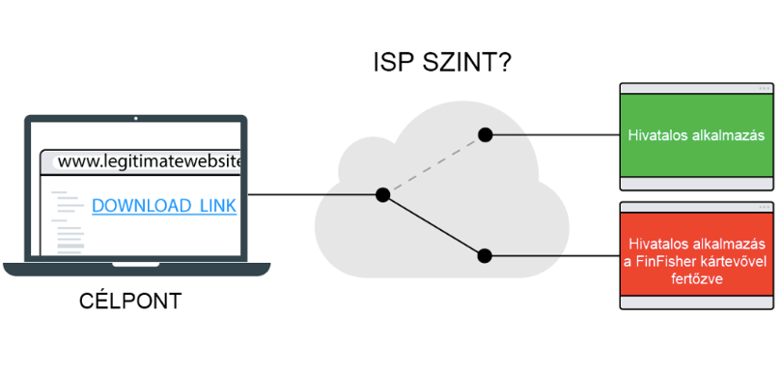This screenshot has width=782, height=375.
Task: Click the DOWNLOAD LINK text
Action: (x=164, y=206)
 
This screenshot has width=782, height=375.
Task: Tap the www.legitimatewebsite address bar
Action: (x=146, y=161)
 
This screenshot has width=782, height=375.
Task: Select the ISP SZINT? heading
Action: (x=442, y=64)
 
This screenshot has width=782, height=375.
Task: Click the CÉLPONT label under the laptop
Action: (x=130, y=302)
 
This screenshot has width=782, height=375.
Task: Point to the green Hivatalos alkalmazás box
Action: (x=697, y=135)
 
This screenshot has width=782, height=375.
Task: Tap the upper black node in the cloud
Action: (x=485, y=134)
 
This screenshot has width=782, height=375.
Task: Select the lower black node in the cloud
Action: (x=485, y=256)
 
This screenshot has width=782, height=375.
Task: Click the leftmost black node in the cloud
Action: (x=382, y=194)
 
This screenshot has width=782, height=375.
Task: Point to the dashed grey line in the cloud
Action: (x=433, y=164)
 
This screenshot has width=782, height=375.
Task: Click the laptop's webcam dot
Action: (x=136, y=118)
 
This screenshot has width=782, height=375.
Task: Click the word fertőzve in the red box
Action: (x=696, y=278)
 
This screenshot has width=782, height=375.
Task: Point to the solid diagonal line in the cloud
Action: (x=433, y=226)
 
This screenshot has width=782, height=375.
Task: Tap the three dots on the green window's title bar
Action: (x=764, y=88)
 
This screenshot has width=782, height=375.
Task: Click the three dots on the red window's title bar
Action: (x=764, y=207)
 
